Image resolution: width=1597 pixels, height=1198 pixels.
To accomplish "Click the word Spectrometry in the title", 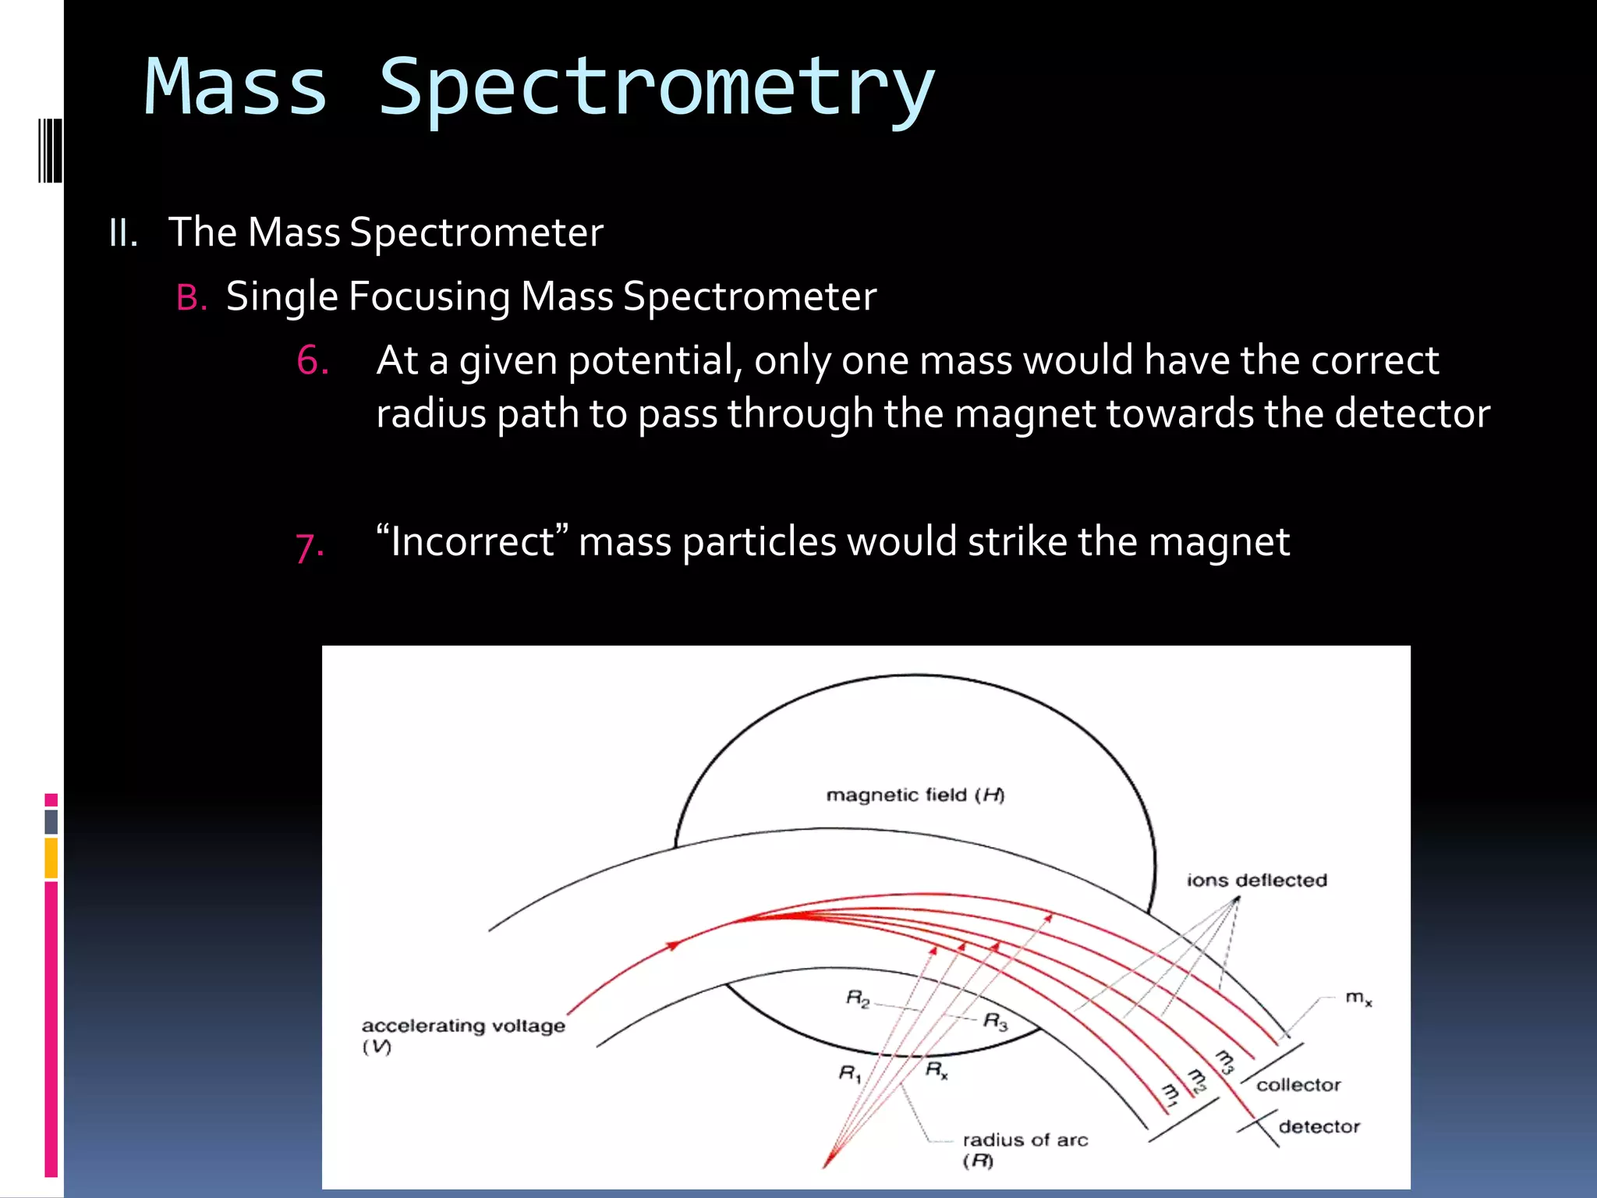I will point(657,87).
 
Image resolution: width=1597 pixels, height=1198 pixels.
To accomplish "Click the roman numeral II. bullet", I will point(123,233).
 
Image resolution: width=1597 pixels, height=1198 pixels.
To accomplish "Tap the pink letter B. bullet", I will point(191,298).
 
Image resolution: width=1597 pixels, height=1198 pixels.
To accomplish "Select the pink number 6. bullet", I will point(312,361).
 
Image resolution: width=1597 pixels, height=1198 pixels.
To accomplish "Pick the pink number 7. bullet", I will point(310,545).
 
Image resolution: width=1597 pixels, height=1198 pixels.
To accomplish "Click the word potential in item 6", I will point(655,361).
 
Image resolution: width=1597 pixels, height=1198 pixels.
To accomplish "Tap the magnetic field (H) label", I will point(915,795).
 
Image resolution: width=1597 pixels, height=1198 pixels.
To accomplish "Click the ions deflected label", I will point(1256,880).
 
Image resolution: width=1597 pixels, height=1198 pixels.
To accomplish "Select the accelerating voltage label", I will point(463,1026).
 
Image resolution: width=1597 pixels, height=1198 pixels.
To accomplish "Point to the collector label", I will point(1298,1085).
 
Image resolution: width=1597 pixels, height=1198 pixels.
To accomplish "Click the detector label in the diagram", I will point(1319,1126).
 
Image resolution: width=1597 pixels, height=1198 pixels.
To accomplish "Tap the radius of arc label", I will point(1025,1140).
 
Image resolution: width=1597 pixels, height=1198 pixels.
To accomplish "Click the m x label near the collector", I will point(1358,998).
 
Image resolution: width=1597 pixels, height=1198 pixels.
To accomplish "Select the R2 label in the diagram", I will point(857,998).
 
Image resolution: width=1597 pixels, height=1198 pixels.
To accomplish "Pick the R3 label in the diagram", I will point(995,1021).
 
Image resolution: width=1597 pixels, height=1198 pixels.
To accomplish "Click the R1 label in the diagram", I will point(849,1074).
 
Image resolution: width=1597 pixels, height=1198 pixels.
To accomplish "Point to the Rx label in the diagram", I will point(936,1069).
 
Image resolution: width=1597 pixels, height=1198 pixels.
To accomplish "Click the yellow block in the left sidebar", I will point(51,858).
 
